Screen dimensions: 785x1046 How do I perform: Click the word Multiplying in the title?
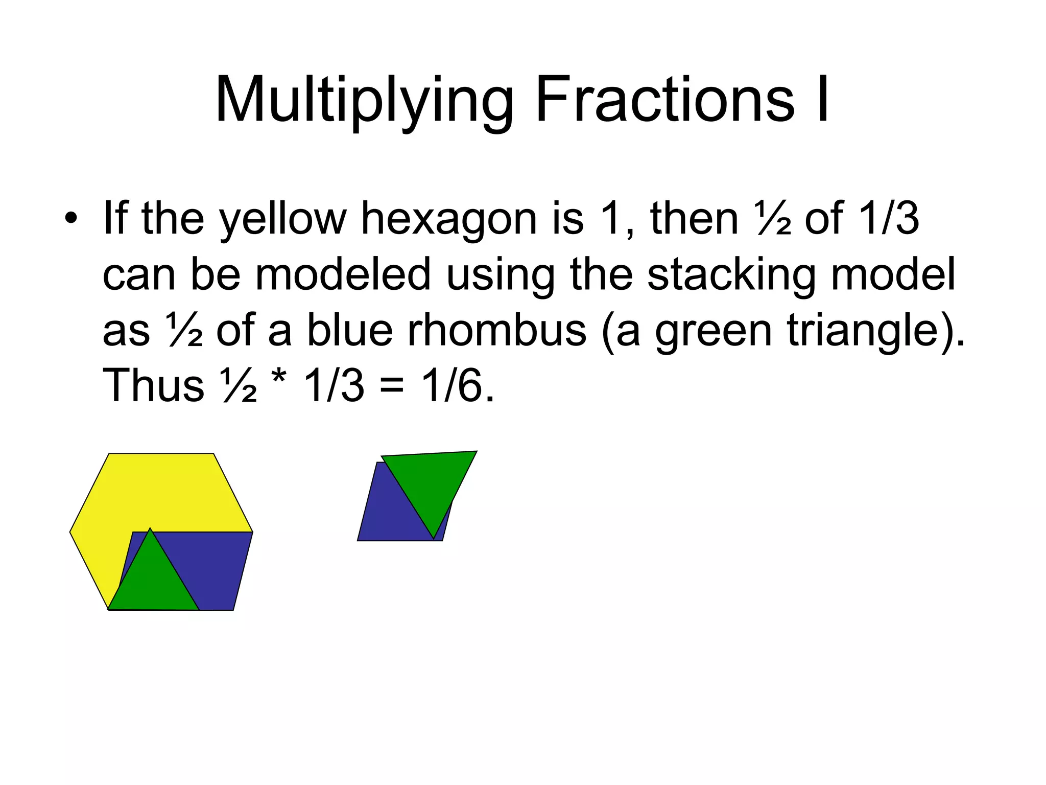point(364,100)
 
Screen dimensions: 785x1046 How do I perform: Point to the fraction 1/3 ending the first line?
point(889,219)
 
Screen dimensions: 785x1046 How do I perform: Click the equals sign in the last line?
point(392,386)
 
